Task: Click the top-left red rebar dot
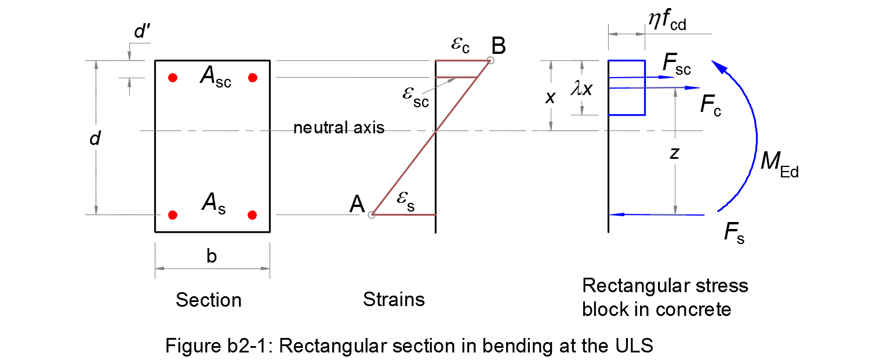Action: pyautogui.click(x=172, y=78)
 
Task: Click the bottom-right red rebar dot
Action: pyautogui.click(x=252, y=215)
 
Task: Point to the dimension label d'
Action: pyautogui.click(x=141, y=32)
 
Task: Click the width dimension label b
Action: pyautogui.click(x=212, y=256)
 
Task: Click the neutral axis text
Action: pyautogui.click(x=339, y=128)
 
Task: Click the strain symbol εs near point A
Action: pyautogui.click(x=405, y=201)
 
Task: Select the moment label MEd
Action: pyautogui.click(x=779, y=166)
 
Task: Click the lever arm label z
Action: pyautogui.click(x=674, y=153)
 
